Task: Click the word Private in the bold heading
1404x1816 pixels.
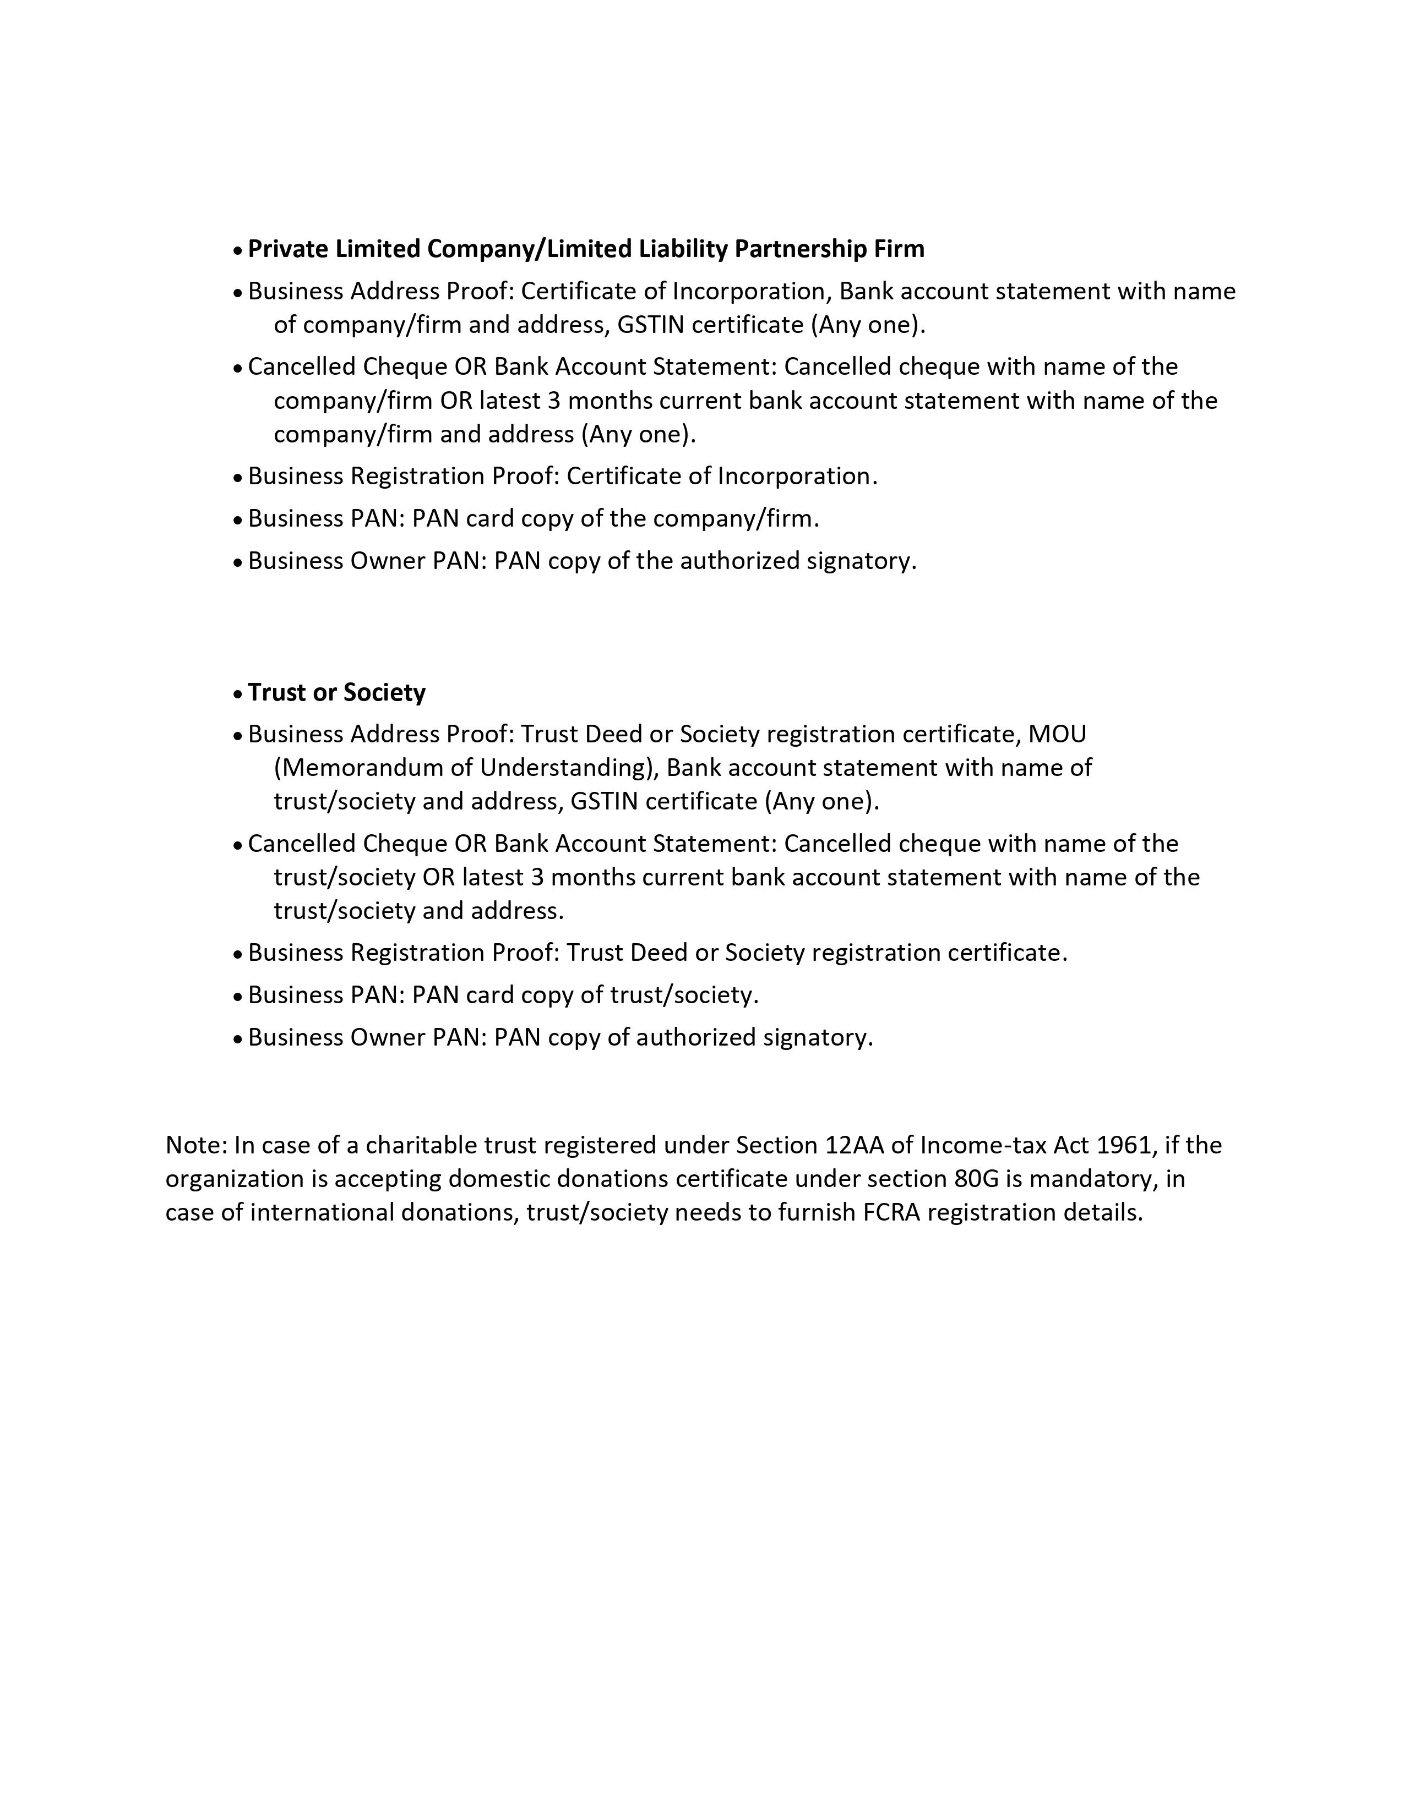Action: pos(288,249)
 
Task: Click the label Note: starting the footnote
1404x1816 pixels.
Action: pos(197,1145)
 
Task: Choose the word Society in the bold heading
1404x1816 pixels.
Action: pos(384,693)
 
